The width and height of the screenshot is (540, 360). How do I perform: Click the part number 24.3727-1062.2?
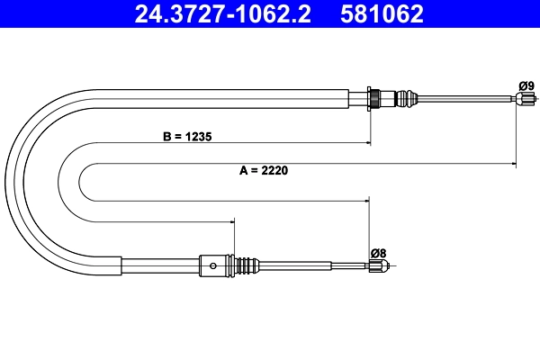click(222, 14)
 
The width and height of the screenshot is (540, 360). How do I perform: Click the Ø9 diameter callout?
click(526, 85)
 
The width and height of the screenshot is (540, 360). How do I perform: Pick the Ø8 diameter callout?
click(378, 253)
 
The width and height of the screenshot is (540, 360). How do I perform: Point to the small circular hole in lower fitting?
click(212, 265)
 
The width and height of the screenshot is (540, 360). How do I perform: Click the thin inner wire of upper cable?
click(468, 99)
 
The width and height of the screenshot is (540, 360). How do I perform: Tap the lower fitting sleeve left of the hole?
click(162, 265)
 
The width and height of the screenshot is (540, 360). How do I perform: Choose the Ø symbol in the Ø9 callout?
click(522, 85)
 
